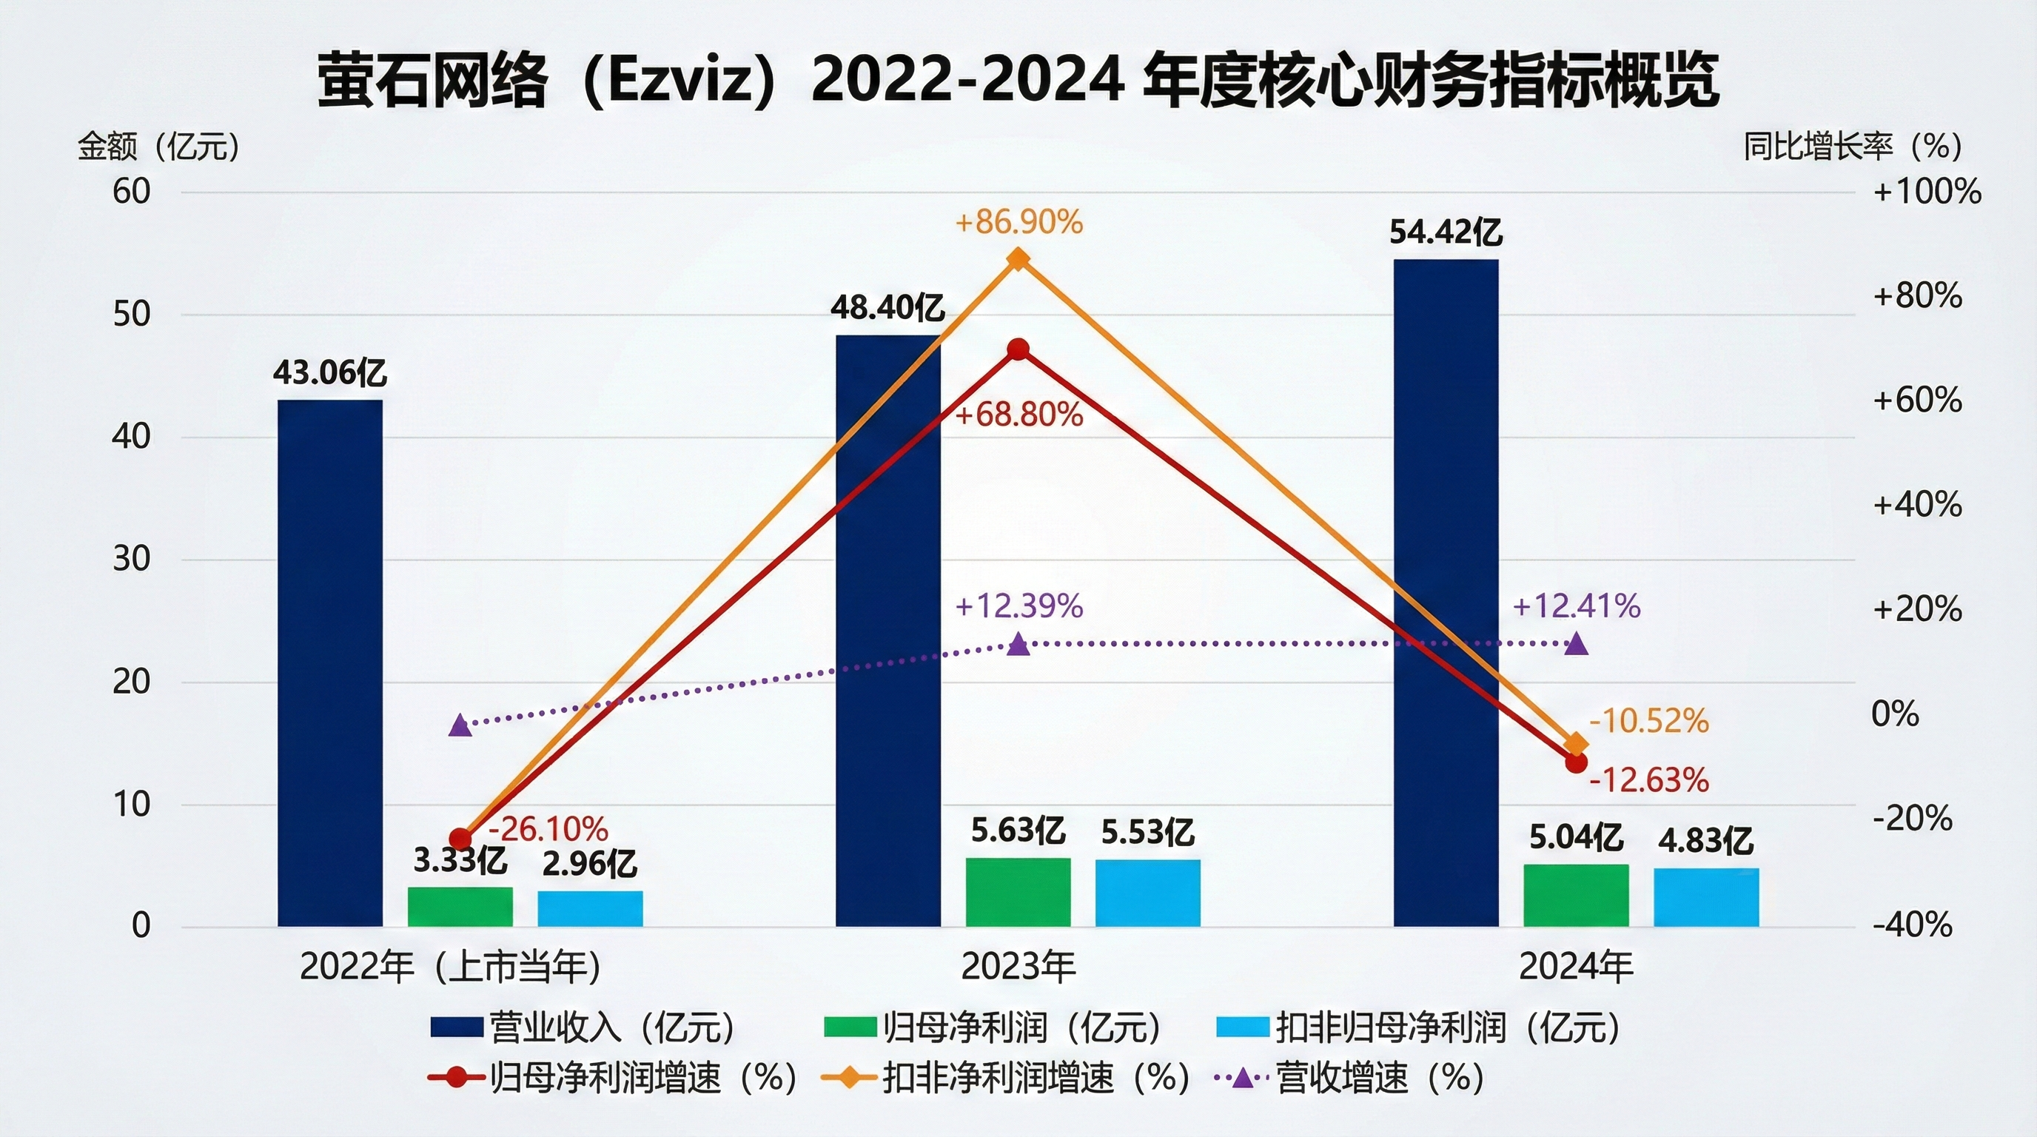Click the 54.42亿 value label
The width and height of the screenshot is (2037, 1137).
[x=1446, y=232]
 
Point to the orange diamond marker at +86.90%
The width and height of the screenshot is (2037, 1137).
[x=1018, y=259]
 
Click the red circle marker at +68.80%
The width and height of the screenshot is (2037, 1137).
[x=1018, y=349]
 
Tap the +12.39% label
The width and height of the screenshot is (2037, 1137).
[x=1018, y=606]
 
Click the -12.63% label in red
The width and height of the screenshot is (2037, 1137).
[x=1648, y=780]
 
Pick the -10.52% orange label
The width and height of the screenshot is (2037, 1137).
[x=1648, y=721]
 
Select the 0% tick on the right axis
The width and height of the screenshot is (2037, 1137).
[x=1895, y=714]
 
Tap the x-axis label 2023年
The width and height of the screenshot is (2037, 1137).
[x=1018, y=966]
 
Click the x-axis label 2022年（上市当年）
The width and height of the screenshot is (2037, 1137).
[x=451, y=966]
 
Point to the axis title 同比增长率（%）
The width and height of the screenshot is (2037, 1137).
[x=1852, y=147]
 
